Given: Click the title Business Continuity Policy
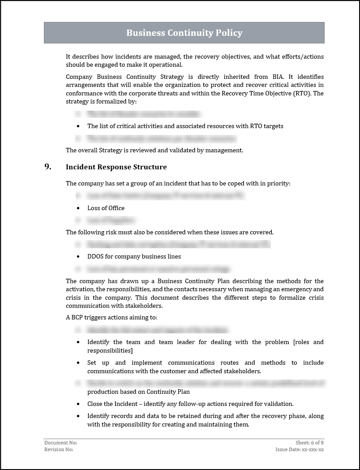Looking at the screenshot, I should click(184, 33).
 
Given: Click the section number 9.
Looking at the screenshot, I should click(47, 167).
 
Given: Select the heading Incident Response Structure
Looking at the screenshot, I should click(116, 167).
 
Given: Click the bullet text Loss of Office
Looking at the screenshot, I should click(106, 208).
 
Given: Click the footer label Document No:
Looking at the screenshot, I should click(57, 443).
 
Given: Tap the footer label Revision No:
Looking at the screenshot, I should click(59, 449).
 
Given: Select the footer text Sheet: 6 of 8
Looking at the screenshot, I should click(309, 443).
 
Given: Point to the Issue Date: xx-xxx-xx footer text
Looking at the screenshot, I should click(300, 449).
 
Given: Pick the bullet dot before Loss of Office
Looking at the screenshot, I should click(78, 208).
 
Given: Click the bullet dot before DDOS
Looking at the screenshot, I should click(78, 256).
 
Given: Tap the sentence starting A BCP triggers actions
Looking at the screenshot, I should click(111, 317).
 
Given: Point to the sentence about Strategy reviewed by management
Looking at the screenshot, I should click(154, 150).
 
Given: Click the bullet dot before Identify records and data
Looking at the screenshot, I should click(78, 416).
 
